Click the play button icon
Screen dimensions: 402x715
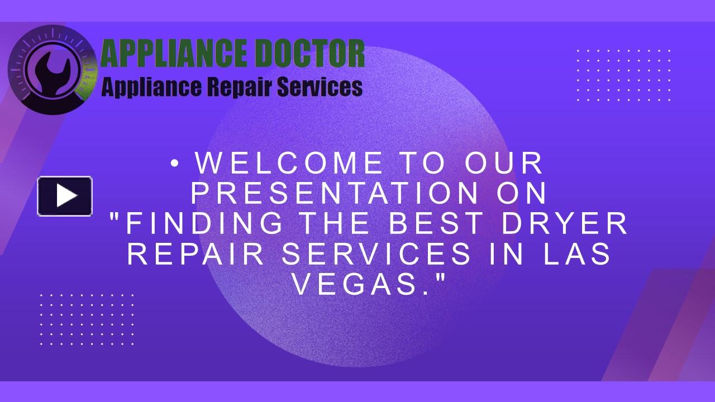pos(65,196)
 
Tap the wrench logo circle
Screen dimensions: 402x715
pos(45,69)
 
